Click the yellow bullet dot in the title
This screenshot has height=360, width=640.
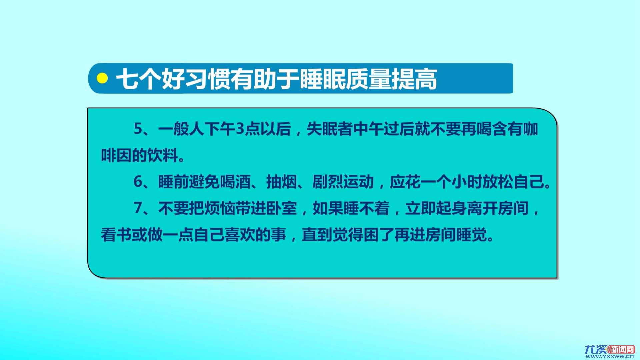pyautogui.click(x=102, y=78)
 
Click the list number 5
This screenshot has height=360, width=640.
pyautogui.click(x=138, y=129)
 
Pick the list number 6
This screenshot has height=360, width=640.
pyautogui.click(x=138, y=182)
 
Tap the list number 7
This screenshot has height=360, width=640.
pyautogui.click(x=138, y=208)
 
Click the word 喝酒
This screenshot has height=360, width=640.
pyautogui.click(x=235, y=182)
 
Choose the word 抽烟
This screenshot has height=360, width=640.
pyautogui.click(x=282, y=182)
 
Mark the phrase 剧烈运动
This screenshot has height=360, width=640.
pyautogui.click(x=343, y=182)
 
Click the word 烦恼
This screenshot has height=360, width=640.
pyautogui.click(x=220, y=208)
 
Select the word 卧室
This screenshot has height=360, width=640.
pyautogui.click(x=282, y=208)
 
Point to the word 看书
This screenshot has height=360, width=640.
pyautogui.click(x=116, y=235)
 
